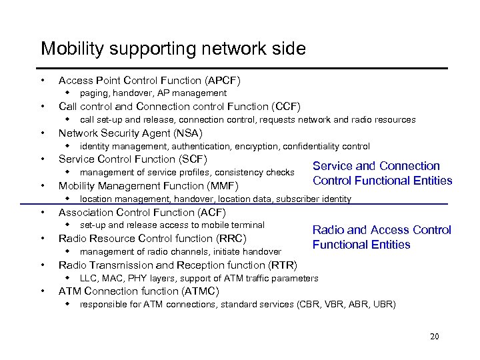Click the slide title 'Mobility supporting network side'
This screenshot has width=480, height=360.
click(x=173, y=49)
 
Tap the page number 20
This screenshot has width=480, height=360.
click(x=435, y=337)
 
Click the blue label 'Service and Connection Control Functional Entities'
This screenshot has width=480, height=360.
click(x=382, y=173)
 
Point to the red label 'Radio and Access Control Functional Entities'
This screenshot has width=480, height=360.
click(x=381, y=237)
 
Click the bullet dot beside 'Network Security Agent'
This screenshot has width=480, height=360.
click(x=43, y=133)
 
